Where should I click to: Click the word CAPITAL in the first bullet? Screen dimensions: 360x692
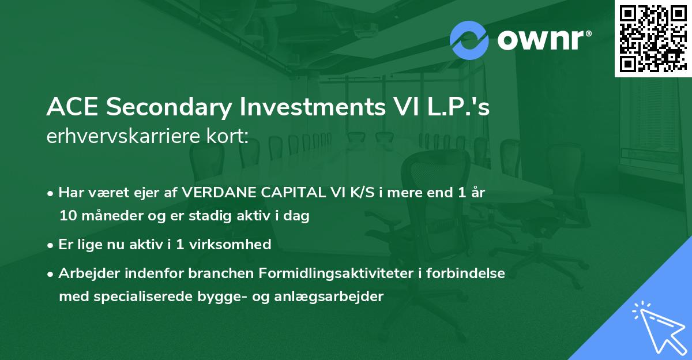(286, 193)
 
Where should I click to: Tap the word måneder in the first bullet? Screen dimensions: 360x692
(106, 216)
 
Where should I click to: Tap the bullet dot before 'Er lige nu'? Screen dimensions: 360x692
(51, 245)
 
